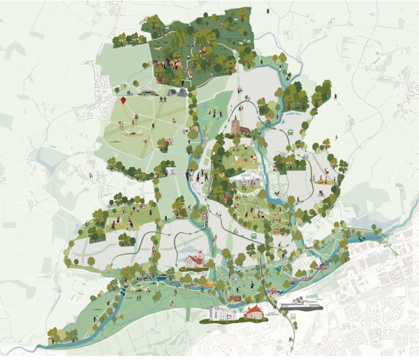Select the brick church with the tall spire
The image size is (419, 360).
[x=236, y=126]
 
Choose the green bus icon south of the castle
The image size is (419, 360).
[x=254, y=236]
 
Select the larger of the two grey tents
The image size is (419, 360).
[x=180, y=92]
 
